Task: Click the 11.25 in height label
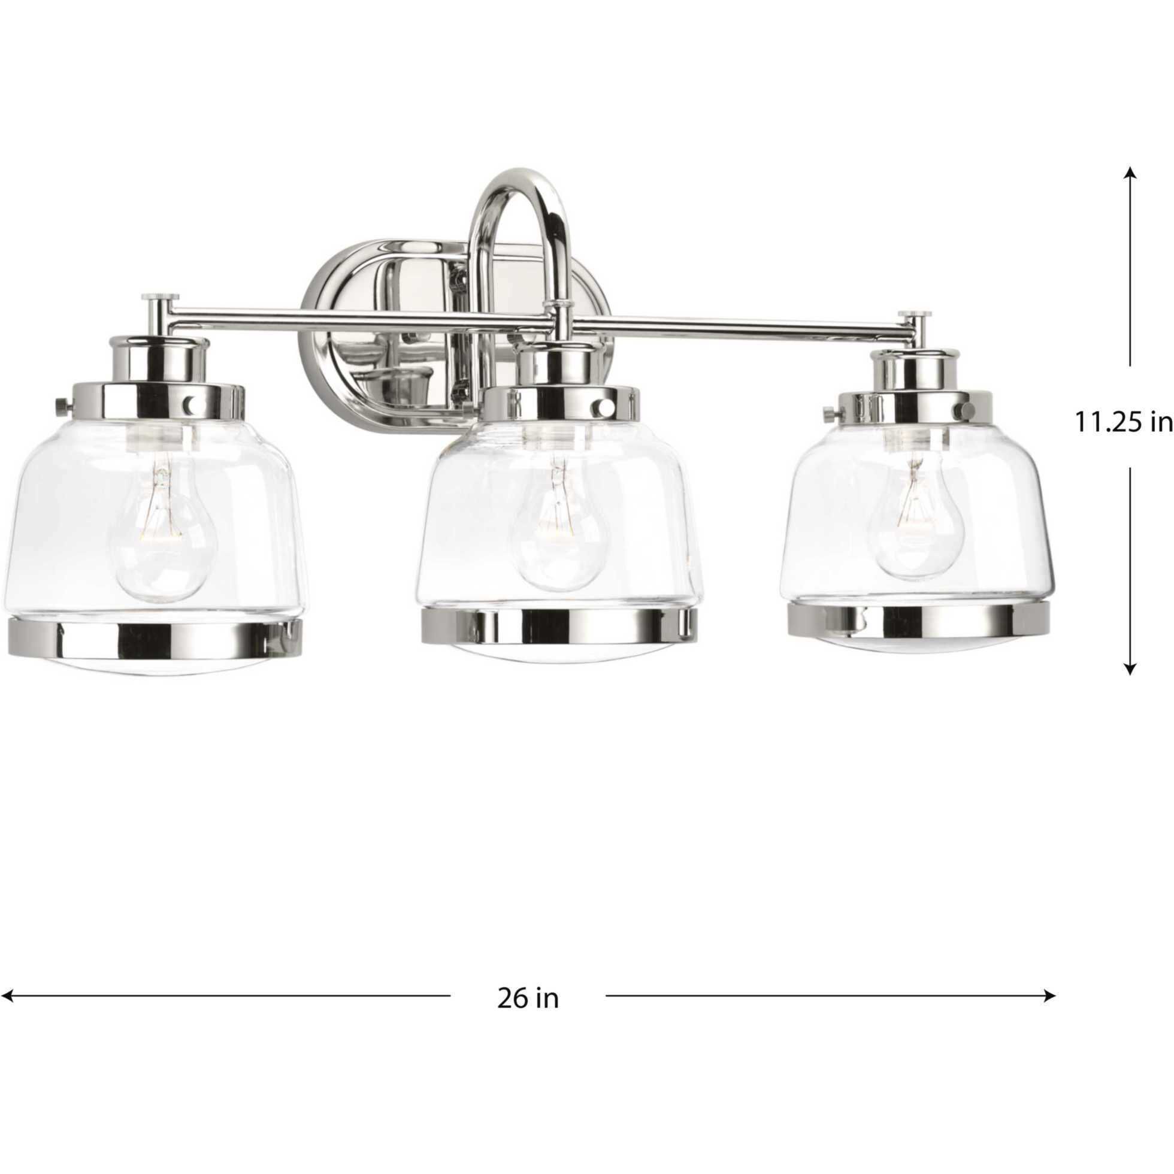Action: [1123, 423]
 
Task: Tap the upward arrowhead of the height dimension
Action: [1130, 173]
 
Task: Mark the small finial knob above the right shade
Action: [915, 316]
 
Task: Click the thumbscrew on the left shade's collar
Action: [61, 404]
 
